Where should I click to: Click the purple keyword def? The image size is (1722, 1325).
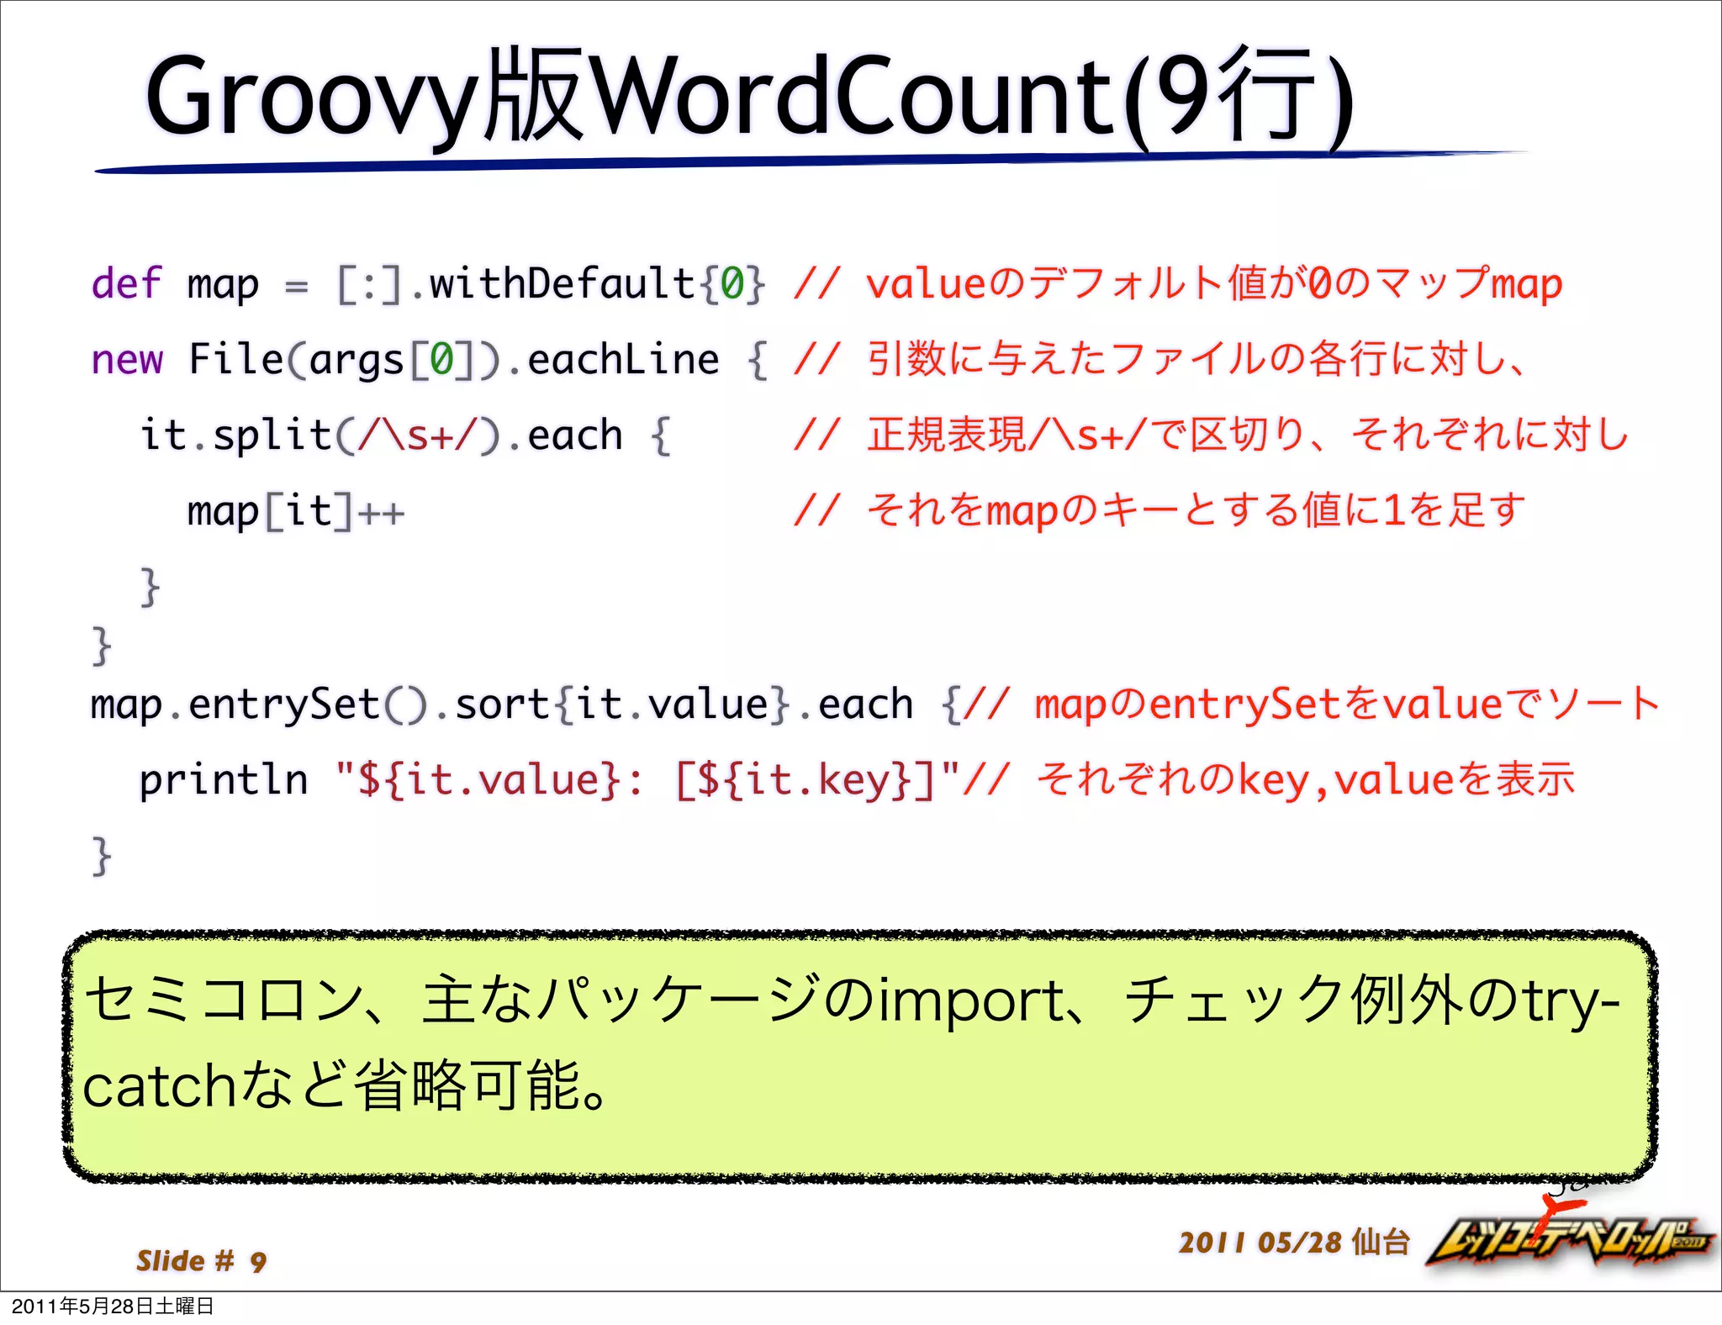point(126,283)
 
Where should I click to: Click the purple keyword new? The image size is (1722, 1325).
point(126,360)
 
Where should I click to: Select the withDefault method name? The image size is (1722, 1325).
point(562,283)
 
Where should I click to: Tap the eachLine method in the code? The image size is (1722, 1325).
point(623,360)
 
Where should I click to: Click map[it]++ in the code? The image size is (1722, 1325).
point(295,511)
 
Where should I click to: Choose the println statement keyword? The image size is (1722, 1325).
point(223,779)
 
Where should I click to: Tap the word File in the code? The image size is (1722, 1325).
point(236,360)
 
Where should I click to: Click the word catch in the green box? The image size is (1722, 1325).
point(160,1086)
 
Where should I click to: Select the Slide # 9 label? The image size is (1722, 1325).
point(201,1260)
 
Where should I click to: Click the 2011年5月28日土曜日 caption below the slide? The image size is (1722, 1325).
point(113,1306)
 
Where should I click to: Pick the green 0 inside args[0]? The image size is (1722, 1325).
point(442,360)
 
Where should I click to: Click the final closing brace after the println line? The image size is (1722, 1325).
point(101,856)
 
